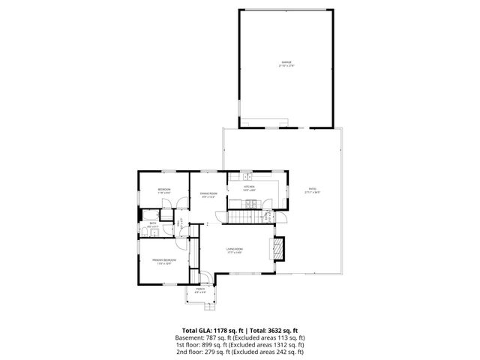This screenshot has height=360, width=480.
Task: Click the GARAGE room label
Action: point(286,61)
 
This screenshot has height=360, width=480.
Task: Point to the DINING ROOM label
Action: point(208,193)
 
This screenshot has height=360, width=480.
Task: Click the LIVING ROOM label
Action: point(235,249)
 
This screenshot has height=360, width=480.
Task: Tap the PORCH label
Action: point(200,289)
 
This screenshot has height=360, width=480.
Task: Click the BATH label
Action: point(152,223)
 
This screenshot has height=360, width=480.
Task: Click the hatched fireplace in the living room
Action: point(278,249)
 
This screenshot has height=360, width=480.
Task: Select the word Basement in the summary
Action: point(190,337)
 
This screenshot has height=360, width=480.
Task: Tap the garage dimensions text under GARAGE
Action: point(286,66)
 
